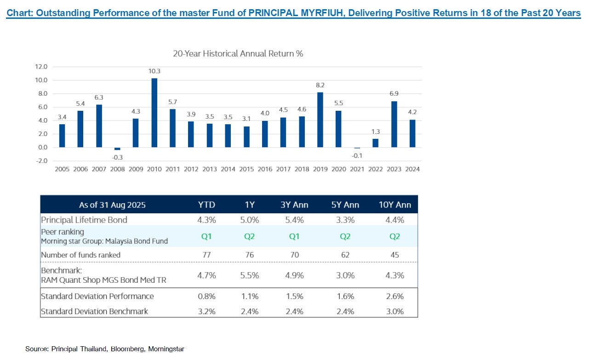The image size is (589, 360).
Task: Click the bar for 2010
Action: pos(154,113)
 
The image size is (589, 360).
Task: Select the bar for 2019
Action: pos(320,120)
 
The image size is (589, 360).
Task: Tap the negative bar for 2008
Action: pos(117,149)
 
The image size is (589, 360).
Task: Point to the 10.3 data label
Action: pos(154,71)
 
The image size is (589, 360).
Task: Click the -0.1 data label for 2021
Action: pos(357,155)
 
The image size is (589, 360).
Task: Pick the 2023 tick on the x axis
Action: pos(394,169)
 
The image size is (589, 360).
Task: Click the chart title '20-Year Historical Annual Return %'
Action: pos(238,53)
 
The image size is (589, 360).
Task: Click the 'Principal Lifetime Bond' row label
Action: pos(84,220)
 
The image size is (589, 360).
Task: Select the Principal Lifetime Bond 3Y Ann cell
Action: pos(294,220)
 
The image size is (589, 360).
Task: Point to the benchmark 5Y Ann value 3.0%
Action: pos(345,275)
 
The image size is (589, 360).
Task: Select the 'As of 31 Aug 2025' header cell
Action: pos(113,205)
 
